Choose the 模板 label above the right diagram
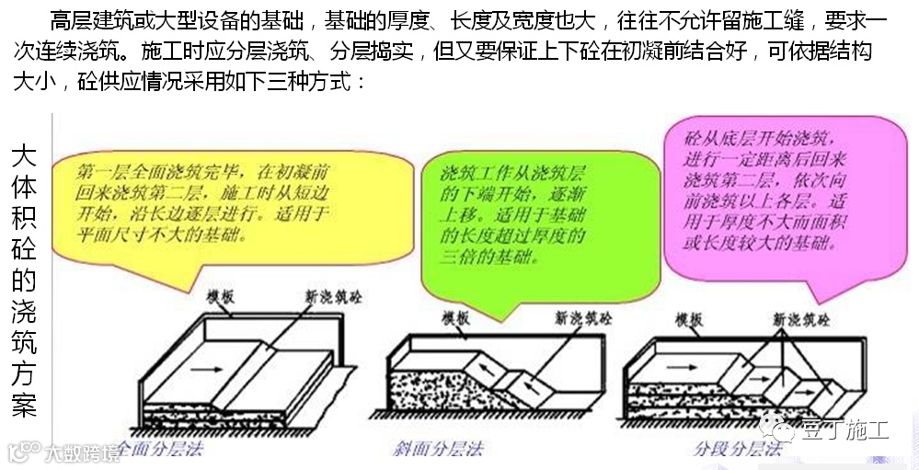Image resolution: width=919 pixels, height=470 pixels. click(x=689, y=319)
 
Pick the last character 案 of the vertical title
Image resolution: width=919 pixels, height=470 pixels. click(x=26, y=407)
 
